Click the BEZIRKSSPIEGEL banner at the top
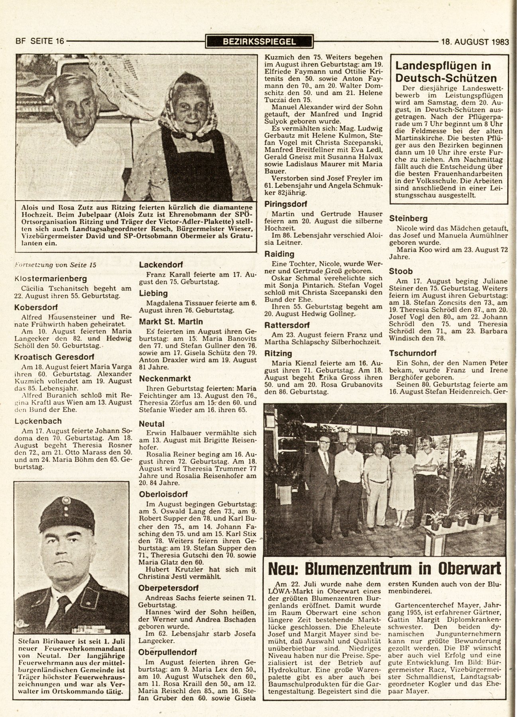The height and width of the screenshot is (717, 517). coord(259,41)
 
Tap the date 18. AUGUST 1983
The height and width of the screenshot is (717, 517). coord(474,41)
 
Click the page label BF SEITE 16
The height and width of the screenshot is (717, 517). coord(39,41)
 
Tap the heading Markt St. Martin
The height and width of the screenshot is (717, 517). coord(171,321)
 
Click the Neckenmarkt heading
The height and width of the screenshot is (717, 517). coord(165,378)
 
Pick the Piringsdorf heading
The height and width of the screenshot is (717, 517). coord(286,204)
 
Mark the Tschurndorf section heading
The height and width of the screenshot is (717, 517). coord(413,353)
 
